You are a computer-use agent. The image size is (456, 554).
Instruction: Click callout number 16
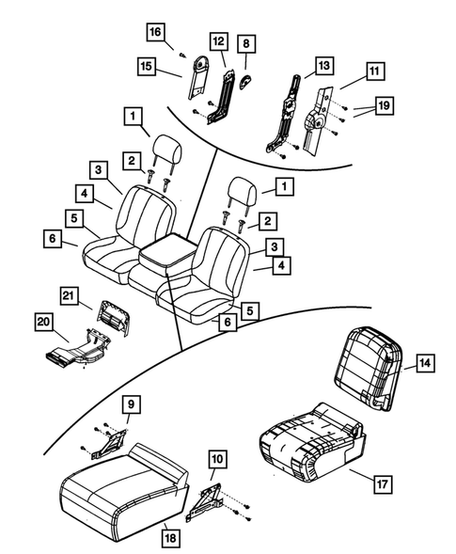tap(154, 31)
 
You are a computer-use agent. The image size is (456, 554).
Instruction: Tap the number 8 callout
tap(246, 43)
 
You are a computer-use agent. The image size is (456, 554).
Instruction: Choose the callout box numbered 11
tap(374, 71)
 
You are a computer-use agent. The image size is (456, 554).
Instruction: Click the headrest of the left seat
tap(167, 149)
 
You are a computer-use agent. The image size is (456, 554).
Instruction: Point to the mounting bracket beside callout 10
tap(207, 501)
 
